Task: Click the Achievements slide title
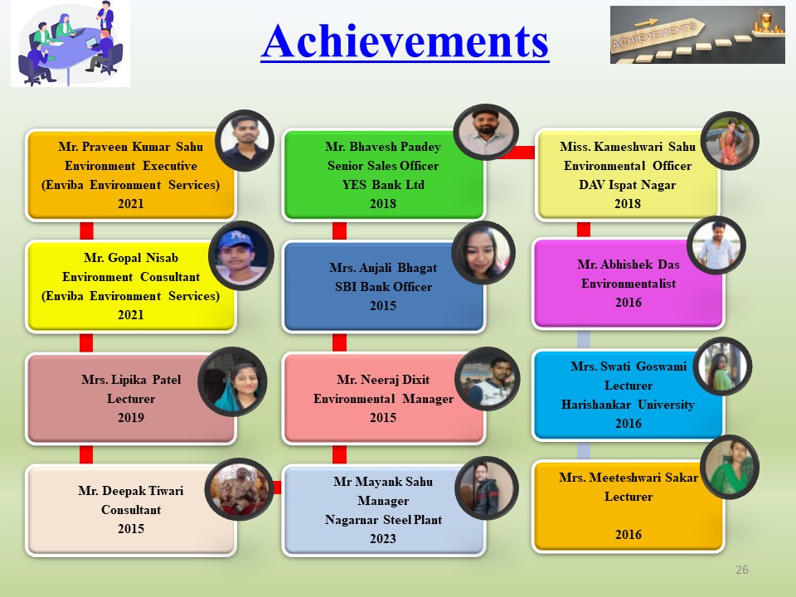click(405, 41)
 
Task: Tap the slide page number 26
click(741, 570)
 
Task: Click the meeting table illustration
click(70, 44)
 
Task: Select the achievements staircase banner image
click(697, 35)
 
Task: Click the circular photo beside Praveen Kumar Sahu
click(245, 141)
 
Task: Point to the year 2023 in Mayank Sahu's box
click(383, 539)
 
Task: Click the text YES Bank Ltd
click(383, 185)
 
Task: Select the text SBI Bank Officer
click(383, 287)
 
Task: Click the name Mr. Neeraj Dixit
click(383, 380)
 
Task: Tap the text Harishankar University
click(628, 405)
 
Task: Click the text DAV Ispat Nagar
click(628, 185)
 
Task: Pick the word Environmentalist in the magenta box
click(629, 284)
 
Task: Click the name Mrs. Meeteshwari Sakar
click(629, 478)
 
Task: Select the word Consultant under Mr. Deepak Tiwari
click(131, 510)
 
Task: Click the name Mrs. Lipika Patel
click(131, 380)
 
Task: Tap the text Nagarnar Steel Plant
click(383, 520)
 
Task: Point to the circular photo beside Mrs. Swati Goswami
click(722, 366)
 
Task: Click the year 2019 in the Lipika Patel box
click(131, 418)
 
